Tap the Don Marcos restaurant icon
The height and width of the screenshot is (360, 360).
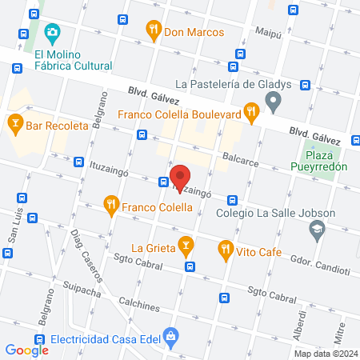tap(154, 32)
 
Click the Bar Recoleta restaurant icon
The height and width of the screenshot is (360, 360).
tap(14, 123)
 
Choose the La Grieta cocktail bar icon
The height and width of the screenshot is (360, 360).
tap(186, 244)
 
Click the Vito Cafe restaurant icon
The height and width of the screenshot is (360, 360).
tap(226, 250)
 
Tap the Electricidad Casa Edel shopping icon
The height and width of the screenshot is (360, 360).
tap(170, 337)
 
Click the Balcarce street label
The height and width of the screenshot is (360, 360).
tap(242, 158)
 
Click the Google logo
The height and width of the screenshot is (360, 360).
tap(27, 350)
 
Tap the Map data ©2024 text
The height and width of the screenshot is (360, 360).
tap(325, 354)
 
